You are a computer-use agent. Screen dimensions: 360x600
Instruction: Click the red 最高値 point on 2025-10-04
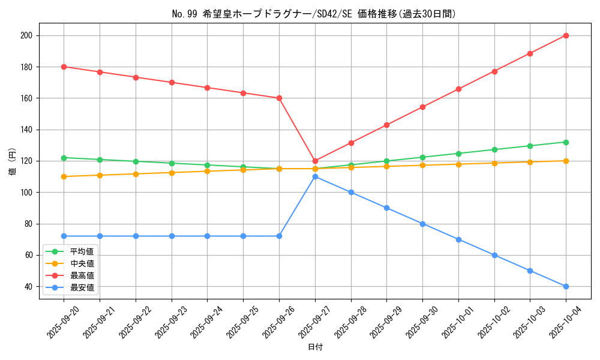pyautogui.click(x=566, y=35)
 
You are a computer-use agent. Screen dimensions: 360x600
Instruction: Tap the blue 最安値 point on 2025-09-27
pyautogui.click(x=315, y=176)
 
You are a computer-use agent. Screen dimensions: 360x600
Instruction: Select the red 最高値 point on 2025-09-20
pyautogui.click(x=64, y=67)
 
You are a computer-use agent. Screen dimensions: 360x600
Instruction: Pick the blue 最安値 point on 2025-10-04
pyautogui.click(x=566, y=286)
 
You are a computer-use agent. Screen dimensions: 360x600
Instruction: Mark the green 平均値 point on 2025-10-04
pyautogui.click(x=566, y=142)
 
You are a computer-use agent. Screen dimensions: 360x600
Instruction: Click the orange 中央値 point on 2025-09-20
pyautogui.click(x=64, y=176)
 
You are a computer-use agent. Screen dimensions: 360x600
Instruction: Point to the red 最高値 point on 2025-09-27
pyautogui.click(x=315, y=161)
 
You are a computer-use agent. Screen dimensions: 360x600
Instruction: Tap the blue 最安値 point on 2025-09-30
pyautogui.click(x=422, y=224)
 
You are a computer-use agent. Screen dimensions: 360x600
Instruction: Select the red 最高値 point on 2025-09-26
pyautogui.click(x=279, y=98)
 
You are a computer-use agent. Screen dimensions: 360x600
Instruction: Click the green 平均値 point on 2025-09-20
pyautogui.click(x=64, y=158)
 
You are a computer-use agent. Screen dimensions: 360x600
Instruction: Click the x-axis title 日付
pyautogui.click(x=315, y=347)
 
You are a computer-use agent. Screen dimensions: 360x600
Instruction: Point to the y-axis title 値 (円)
pyautogui.click(x=12, y=161)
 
